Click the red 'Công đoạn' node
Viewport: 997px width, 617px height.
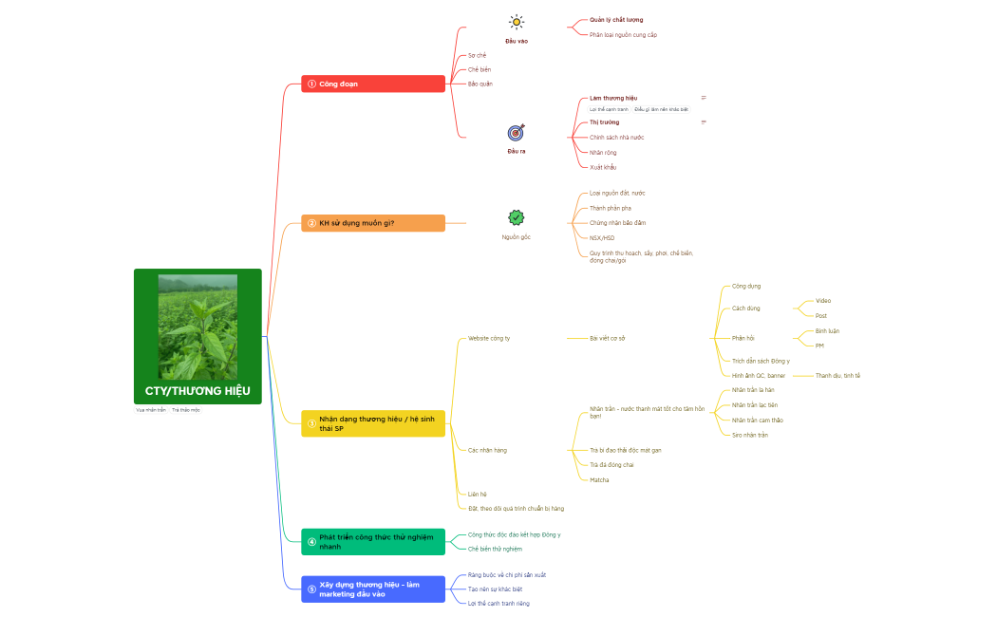[373, 84]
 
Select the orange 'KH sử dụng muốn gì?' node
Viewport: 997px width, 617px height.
[373, 223]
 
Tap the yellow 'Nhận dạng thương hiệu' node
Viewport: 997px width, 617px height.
[373, 423]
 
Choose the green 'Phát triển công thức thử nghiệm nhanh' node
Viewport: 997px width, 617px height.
[373, 542]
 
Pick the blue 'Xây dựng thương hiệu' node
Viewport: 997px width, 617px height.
[373, 589]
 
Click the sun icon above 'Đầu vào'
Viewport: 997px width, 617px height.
[516, 22]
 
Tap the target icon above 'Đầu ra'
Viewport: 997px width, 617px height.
[516, 132]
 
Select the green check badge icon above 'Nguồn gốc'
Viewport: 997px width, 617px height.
[516, 217]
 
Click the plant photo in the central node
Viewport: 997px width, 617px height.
[198, 327]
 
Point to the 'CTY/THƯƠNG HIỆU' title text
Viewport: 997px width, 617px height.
[198, 391]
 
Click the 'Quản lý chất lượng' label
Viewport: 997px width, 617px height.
[616, 20]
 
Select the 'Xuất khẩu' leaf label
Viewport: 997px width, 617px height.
[603, 167]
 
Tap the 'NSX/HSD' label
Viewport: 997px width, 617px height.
[602, 238]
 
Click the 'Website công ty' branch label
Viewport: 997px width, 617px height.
[489, 338]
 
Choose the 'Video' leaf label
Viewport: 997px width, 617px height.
[823, 301]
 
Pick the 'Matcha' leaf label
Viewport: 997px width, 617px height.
[599, 479]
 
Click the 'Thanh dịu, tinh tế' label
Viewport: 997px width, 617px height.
[837, 375]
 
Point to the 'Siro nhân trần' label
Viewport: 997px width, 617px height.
[750, 435]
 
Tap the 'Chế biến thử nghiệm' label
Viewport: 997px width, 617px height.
[495, 549]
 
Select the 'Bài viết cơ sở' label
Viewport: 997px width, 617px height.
[607, 338]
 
